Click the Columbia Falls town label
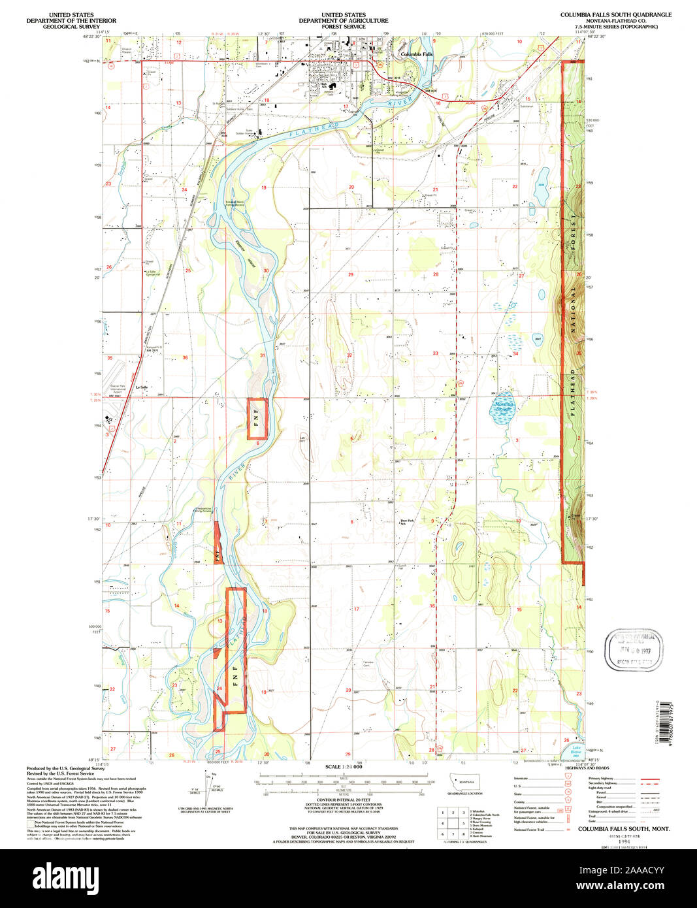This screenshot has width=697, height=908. (417, 54)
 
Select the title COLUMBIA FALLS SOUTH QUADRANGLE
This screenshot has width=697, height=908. (615, 14)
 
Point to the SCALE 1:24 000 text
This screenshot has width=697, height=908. (344, 766)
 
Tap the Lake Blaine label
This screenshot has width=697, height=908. (576, 749)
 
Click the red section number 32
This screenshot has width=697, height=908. (349, 355)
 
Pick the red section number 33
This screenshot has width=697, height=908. (435, 353)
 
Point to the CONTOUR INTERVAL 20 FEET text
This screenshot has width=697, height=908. (344, 800)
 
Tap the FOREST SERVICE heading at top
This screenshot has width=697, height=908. (344, 27)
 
